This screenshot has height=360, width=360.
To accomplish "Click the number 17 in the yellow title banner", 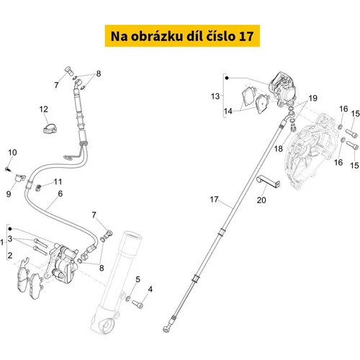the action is pyautogui.click(x=246, y=36).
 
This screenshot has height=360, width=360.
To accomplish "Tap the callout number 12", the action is pyautogui.click(x=44, y=109).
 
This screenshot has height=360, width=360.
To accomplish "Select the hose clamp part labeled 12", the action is pyautogui.click(x=50, y=129).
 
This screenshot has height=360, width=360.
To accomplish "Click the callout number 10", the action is pyautogui.click(x=12, y=153).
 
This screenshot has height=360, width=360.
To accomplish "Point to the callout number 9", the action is pyautogui.click(x=9, y=194).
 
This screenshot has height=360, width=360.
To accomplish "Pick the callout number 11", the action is pyautogui.click(x=58, y=181).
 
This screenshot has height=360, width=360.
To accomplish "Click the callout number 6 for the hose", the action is pyautogui.click(x=60, y=194).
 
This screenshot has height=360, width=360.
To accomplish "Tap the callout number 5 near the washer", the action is pyautogui.click(x=138, y=279).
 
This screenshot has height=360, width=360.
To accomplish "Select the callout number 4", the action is pyautogui.click(x=150, y=289).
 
